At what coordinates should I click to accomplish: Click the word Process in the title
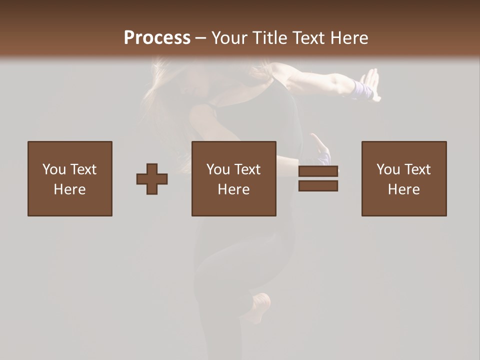click(157, 38)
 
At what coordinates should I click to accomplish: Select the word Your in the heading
click(227, 38)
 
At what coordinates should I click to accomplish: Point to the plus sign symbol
click(152, 179)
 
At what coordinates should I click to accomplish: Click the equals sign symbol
click(318, 178)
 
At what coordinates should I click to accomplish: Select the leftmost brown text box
click(70, 178)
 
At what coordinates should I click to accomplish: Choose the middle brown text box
click(234, 178)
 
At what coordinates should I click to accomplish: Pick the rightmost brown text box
click(404, 178)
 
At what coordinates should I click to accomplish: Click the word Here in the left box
click(70, 189)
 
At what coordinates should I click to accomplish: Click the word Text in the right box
click(417, 169)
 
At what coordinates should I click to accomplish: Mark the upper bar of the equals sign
click(318, 171)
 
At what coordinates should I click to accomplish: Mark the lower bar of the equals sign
click(318, 186)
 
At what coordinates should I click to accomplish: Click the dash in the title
click(200, 38)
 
